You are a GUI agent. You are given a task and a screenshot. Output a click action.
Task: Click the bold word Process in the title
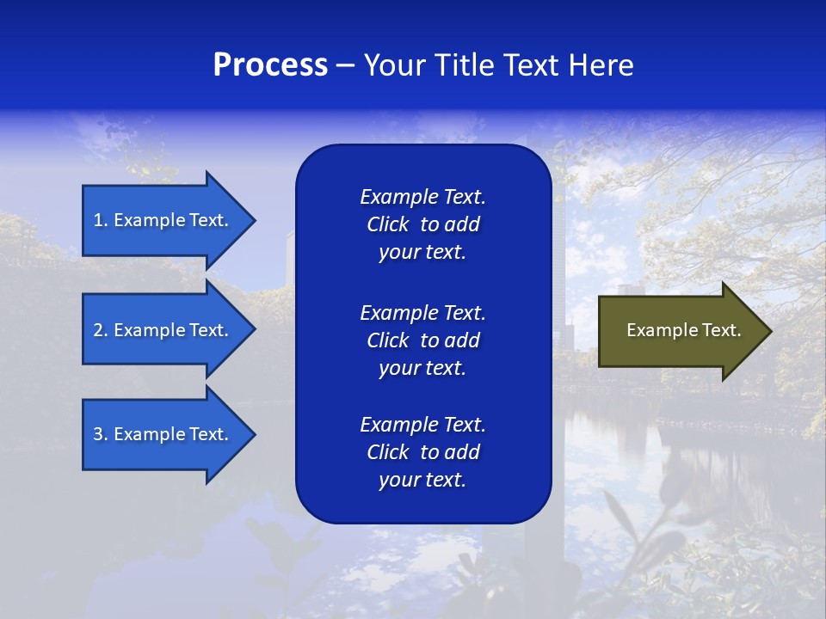(270, 65)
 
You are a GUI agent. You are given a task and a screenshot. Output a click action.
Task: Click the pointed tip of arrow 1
(253, 220)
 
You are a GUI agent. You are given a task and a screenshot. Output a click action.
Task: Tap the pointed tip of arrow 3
(253, 434)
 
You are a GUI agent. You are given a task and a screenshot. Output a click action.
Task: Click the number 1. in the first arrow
(101, 220)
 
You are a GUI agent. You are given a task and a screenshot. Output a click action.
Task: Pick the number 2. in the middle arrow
(101, 330)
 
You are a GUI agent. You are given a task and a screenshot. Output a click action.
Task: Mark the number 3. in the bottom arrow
(101, 434)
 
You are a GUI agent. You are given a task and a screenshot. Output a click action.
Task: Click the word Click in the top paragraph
(388, 224)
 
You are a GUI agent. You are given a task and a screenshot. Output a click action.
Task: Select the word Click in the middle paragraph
(388, 340)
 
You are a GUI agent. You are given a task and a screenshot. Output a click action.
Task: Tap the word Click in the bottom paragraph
(388, 452)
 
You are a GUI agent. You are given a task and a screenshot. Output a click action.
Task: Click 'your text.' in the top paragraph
(422, 253)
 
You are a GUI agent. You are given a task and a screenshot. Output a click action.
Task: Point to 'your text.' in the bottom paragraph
(422, 481)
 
